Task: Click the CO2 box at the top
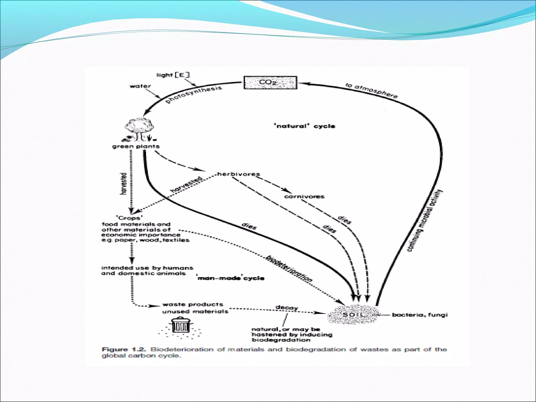pos(270,82)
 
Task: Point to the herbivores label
pos(238,174)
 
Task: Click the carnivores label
pos(304,196)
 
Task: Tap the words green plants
pos(136,146)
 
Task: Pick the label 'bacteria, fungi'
pos(420,315)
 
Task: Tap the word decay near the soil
pos(287,308)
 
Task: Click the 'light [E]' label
pos(173,75)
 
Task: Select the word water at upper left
pos(140,86)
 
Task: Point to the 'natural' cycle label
pos(304,126)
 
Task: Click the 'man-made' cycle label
pos(231,278)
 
